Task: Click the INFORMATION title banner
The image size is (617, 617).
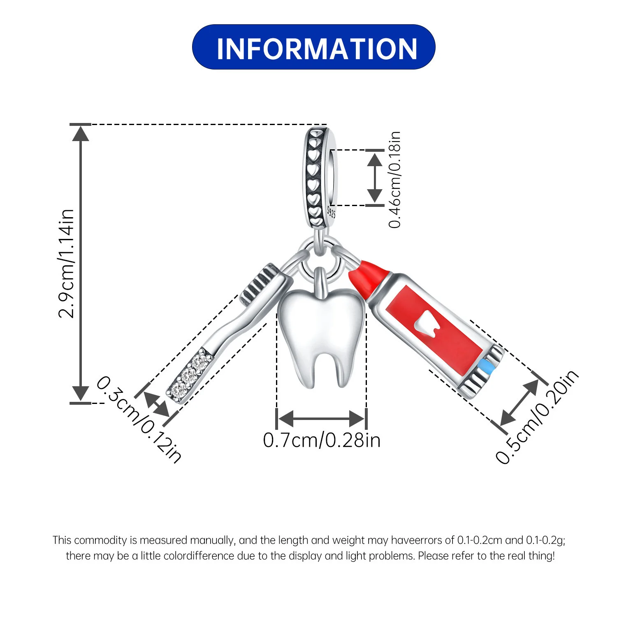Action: pos(313,47)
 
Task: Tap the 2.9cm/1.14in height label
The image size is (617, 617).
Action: pos(66,264)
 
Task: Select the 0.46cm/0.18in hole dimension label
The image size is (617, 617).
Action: pos(395,180)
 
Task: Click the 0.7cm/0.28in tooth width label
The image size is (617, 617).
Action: pos(322,440)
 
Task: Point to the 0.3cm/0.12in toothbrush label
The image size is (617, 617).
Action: pos(139,420)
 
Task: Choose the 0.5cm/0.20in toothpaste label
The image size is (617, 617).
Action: pos(537,417)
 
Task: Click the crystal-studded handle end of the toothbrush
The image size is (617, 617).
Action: pos(189,376)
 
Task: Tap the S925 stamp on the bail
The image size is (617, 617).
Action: pos(331,212)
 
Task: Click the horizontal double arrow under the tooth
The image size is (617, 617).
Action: pos(321,419)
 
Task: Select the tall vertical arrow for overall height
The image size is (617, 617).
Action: pos(81,263)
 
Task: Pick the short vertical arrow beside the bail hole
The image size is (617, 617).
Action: pos(374,177)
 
